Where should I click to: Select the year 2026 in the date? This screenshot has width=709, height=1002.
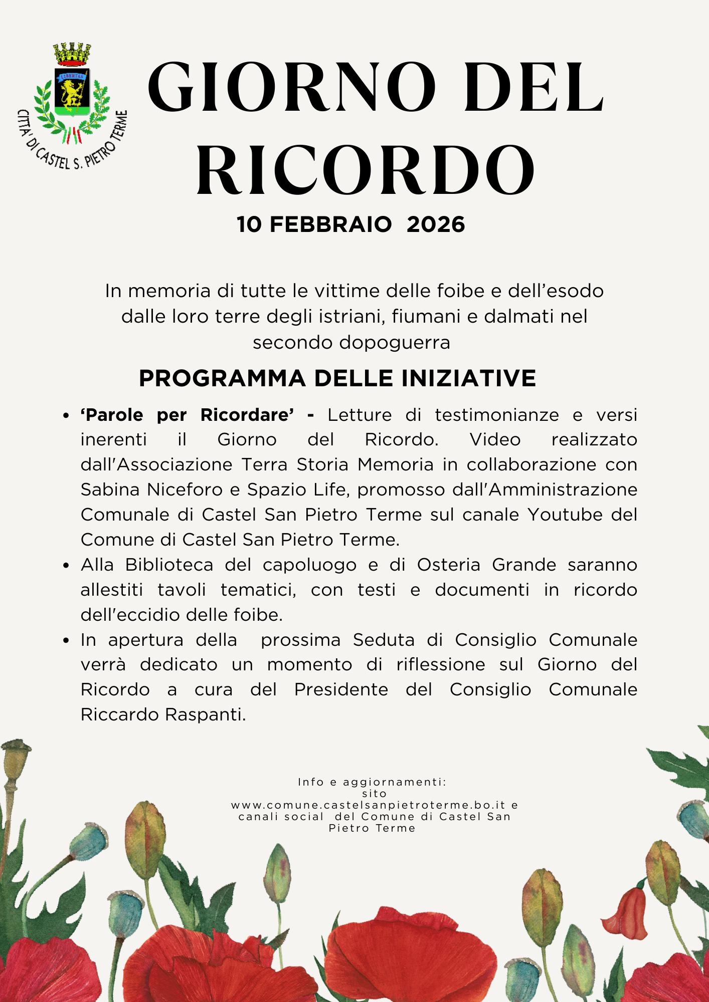pyautogui.click(x=436, y=224)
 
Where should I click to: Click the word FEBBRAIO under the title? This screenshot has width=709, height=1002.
pyautogui.click(x=331, y=224)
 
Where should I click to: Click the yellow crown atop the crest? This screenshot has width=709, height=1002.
pyautogui.click(x=72, y=54)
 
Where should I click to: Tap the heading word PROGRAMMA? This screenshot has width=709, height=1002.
pyautogui.click(x=222, y=378)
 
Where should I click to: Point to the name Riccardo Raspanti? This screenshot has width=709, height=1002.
pyautogui.click(x=163, y=714)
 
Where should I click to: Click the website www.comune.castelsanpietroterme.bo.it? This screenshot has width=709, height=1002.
pyautogui.click(x=369, y=805)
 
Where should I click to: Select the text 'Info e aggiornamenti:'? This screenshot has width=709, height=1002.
pyautogui.click(x=372, y=782)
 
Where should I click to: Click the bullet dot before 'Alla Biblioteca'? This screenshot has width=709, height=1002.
pyautogui.click(x=66, y=566)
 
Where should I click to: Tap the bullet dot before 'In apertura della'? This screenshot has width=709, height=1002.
pyautogui.click(x=66, y=641)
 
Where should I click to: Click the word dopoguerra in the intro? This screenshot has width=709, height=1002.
pyautogui.click(x=395, y=343)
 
